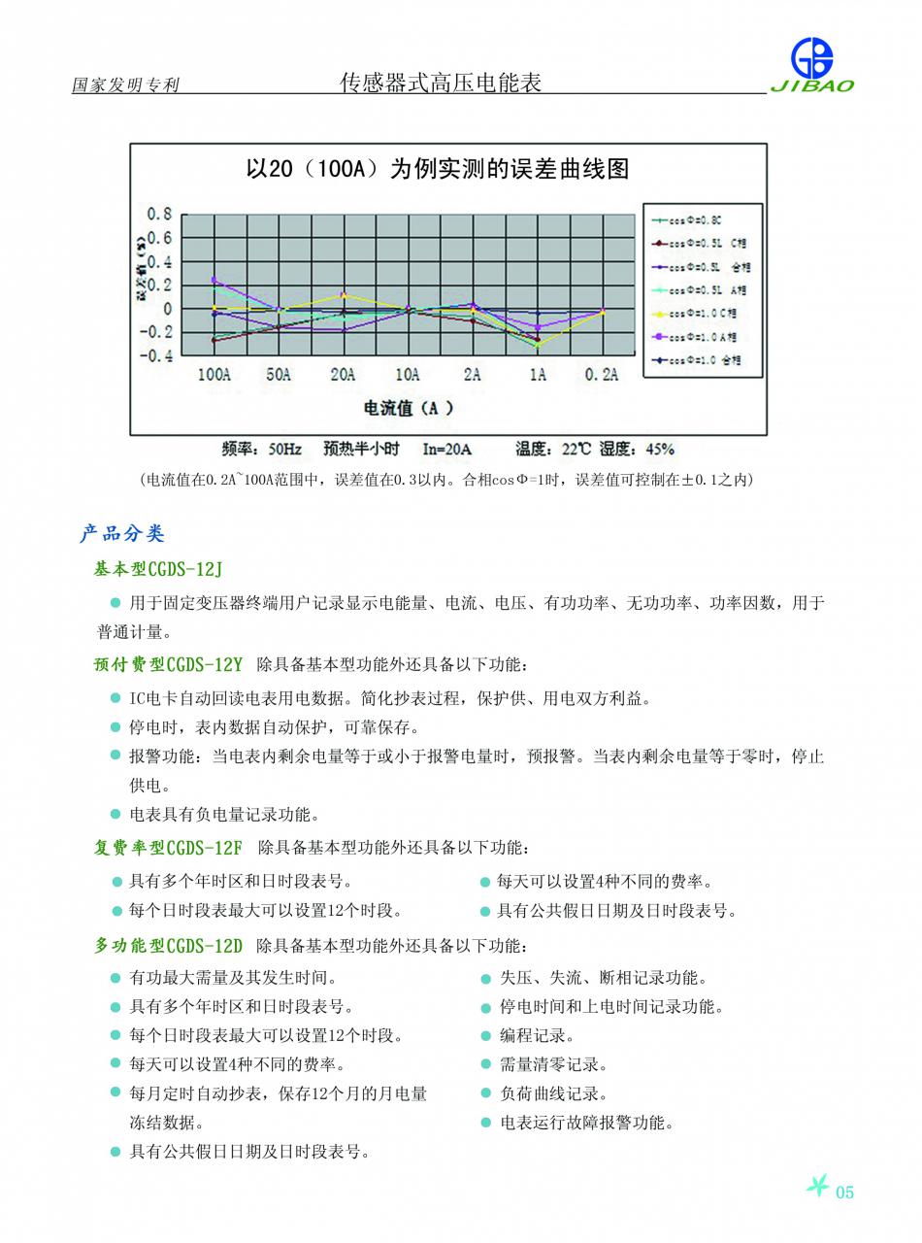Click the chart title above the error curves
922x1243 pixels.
437,169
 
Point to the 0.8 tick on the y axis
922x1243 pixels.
160,214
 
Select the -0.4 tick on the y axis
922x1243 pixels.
157,355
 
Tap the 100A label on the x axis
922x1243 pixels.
214,375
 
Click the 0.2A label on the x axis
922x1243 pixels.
602,375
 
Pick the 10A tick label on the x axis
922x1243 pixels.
408,375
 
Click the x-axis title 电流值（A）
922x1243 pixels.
408,408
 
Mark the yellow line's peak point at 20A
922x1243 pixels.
344,295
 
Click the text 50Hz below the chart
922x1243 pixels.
284,449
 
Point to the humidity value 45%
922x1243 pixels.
659,449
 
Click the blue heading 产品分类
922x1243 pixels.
122,533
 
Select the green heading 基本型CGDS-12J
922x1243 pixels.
158,569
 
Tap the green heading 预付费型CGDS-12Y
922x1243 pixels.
168,665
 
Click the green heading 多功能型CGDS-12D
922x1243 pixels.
168,946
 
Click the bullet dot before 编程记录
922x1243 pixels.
486,1036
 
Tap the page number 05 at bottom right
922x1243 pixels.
844,1193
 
